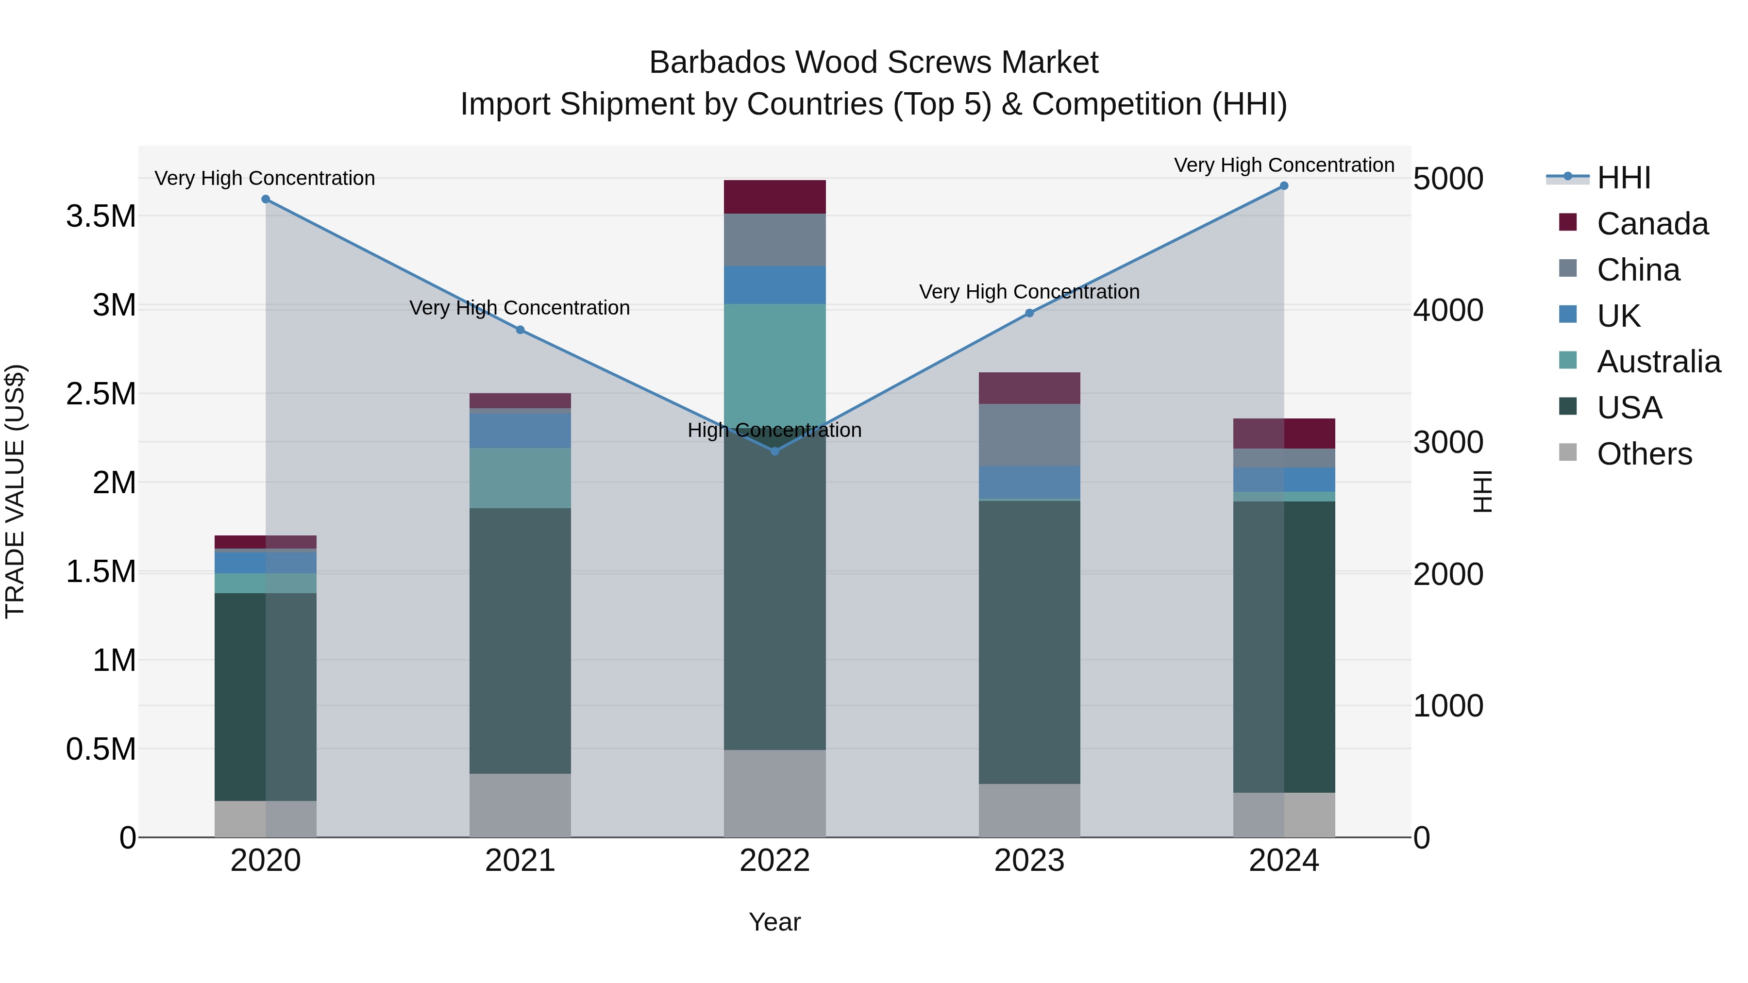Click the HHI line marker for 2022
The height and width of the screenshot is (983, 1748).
pos(775,451)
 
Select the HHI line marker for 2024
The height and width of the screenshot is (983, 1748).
pos(1284,186)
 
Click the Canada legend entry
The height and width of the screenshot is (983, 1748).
pos(1652,224)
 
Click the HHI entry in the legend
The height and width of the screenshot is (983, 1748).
pos(1623,178)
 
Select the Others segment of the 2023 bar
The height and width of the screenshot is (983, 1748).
pos(1029,810)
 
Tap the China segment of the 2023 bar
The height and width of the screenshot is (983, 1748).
pos(1029,435)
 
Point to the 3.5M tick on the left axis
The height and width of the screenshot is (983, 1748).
pos(101,217)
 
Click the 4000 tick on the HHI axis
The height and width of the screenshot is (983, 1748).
pos(1448,311)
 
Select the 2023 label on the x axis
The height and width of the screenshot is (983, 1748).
pos(1029,861)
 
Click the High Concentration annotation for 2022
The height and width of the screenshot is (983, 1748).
pos(775,430)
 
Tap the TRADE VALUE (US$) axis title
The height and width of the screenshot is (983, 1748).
pos(16,491)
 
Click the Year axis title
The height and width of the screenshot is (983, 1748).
pos(775,922)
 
